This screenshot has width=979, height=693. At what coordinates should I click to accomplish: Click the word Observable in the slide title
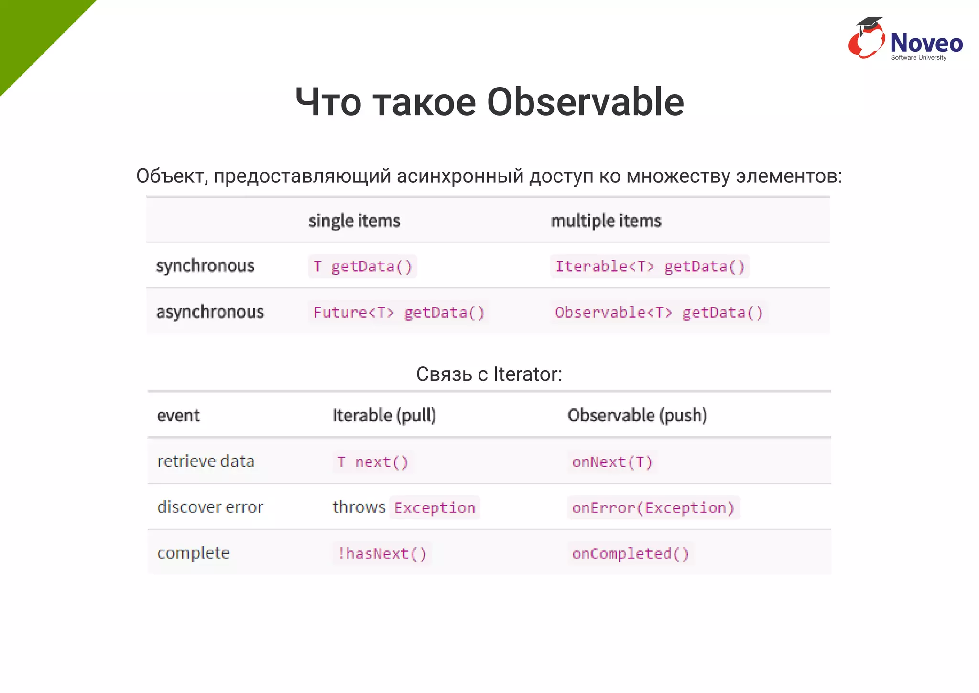pyautogui.click(x=585, y=102)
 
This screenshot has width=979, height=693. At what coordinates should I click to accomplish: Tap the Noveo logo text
pyautogui.click(x=926, y=43)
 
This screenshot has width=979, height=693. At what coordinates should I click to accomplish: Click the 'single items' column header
pyautogui.click(x=354, y=220)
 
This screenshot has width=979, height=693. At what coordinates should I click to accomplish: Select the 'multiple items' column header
pyautogui.click(x=606, y=220)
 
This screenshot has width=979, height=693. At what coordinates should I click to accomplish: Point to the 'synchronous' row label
pyautogui.click(x=205, y=266)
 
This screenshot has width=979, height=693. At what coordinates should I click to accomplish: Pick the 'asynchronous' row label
pyautogui.click(x=210, y=312)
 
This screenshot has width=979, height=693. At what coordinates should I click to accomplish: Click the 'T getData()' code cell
pyautogui.click(x=362, y=266)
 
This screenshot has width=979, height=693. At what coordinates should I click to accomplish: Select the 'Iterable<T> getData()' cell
pyautogui.click(x=650, y=266)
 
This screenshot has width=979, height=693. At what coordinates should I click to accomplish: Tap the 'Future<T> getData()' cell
pyautogui.click(x=399, y=312)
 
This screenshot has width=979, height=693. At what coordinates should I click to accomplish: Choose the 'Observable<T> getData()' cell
pyautogui.click(x=659, y=312)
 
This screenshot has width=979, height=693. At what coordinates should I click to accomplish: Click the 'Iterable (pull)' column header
pyautogui.click(x=384, y=415)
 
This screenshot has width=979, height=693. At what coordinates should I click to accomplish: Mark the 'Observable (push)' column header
pyautogui.click(x=637, y=415)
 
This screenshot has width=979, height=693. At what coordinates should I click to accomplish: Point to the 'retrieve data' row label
pyautogui.click(x=206, y=461)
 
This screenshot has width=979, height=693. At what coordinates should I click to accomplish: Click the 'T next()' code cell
pyautogui.click(x=372, y=462)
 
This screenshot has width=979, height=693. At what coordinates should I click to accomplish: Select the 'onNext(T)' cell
pyautogui.click(x=612, y=462)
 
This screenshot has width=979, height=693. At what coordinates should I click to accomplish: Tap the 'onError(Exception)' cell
pyautogui.click(x=653, y=507)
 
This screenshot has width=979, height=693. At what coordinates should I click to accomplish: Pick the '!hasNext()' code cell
pyautogui.click(x=382, y=553)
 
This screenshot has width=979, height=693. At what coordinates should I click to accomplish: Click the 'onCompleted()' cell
pyautogui.click(x=631, y=553)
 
